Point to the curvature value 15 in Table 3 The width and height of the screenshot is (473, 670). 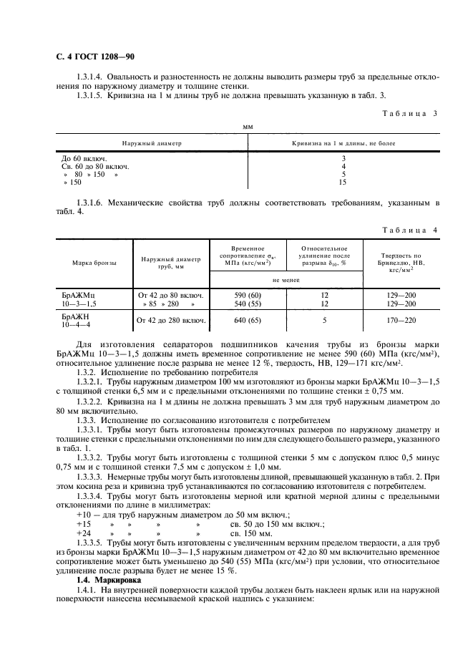pyautogui.click(x=343, y=183)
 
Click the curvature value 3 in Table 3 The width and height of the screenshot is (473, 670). pyautogui.click(x=343, y=157)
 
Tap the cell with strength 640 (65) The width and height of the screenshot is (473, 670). pyautogui.click(x=247, y=320)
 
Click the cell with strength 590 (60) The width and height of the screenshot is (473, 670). pyautogui.click(x=247, y=295)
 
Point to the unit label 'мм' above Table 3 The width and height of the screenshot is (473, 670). pyautogui.click(x=248, y=126)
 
